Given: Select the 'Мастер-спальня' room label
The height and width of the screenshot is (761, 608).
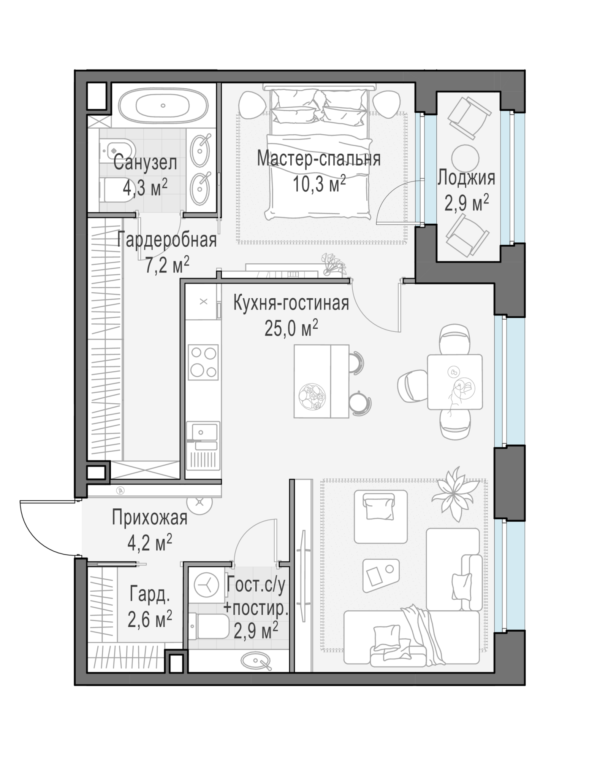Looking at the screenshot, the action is [318, 159].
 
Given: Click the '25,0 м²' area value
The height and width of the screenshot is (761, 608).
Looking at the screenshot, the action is [291, 328].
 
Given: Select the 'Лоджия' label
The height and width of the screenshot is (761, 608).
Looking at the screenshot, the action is [466, 178].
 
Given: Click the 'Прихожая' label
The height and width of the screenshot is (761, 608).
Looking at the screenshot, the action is [150, 518].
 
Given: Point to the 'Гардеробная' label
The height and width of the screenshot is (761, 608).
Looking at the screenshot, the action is [167, 240].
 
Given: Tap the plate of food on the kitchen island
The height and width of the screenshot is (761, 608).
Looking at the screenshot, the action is [312, 396].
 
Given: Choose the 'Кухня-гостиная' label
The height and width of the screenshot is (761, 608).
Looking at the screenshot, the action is [291, 303].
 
